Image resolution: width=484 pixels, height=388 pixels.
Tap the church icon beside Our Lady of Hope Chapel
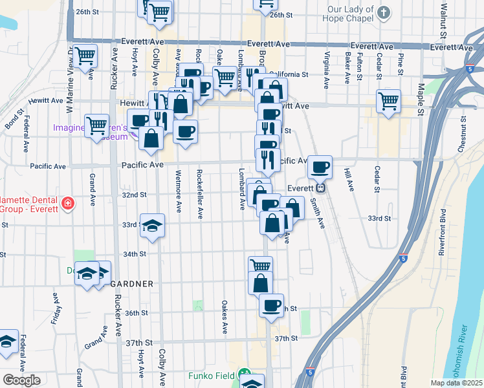(384, 12)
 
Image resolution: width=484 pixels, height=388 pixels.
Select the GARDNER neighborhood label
(131, 283)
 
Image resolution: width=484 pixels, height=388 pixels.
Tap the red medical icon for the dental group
(67, 204)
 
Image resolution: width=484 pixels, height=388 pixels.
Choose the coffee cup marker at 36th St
(271, 305)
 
